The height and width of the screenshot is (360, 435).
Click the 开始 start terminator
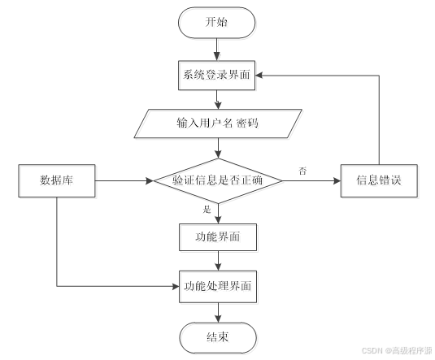pyautogui.click(x=216, y=23)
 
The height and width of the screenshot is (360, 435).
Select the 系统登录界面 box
pyautogui.click(x=216, y=76)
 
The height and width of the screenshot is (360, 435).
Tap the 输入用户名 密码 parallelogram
pyautogui.click(x=218, y=124)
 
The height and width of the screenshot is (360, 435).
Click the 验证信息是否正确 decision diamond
pyautogui.click(x=218, y=181)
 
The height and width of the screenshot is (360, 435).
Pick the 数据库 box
pyautogui.click(x=57, y=181)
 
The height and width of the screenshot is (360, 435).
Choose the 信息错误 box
pyautogui.click(x=379, y=181)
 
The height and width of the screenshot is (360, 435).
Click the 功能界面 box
pyautogui.click(x=218, y=237)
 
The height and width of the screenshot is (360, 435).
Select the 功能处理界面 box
pyautogui.click(x=218, y=287)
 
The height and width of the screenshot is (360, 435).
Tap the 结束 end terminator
pyautogui.click(x=218, y=337)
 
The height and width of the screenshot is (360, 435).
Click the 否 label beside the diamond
pyautogui.click(x=302, y=171)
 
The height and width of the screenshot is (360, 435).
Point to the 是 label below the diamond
pyautogui.click(x=207, y=210)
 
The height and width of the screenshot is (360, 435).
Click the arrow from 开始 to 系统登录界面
pyautogui.click(x=216, y=50)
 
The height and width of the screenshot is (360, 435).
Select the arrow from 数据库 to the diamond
pyautogui.click(x=124, y=181)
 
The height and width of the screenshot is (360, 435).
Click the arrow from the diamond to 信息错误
pyautogui.click(x=311, y=181)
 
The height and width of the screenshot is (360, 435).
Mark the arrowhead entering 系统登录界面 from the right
pyautogui.click(x=259, y=75)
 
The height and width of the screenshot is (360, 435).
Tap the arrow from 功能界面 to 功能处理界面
pyautogui.click(x=219, y=261)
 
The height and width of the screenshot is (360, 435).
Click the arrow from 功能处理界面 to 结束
pyautogui.click(x=219, y=313)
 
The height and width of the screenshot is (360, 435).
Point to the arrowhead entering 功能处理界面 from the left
pyautogui.click(x=176, y=286)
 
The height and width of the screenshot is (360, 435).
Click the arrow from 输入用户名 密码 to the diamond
pyautogui.click(x=219, y=148)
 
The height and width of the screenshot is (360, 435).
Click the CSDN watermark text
pyautogui.click(x=397, y=350)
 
